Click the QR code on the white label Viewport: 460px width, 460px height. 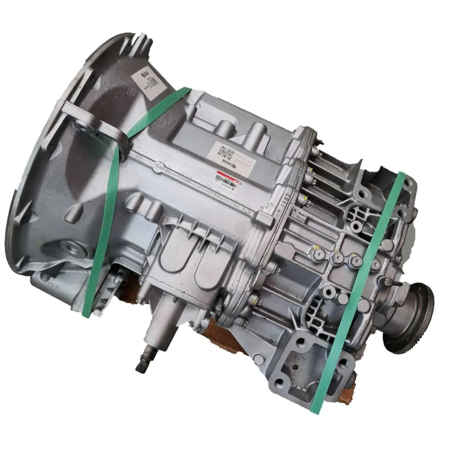click(x=227, y=153)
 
